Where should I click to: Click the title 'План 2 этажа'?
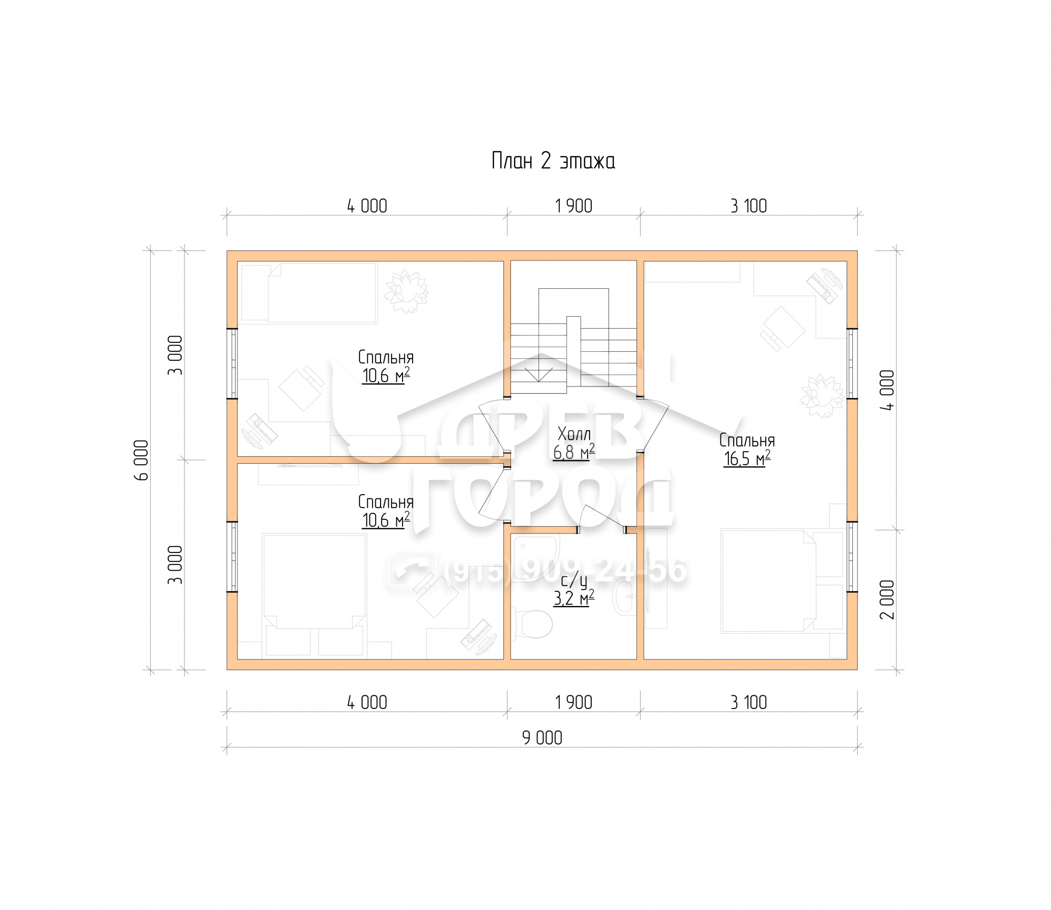(x=553, y=161)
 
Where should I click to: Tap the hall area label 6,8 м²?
(x=574, y=452)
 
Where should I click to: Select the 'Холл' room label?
(x=574, y=434)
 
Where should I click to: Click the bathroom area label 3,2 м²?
(x=574, y=597)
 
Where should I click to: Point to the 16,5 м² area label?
(x=747, y=458)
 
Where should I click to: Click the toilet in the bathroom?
(x=531, y=624)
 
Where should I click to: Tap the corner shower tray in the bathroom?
(x=535, y=558)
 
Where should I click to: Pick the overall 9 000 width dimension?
(x=542, y=738)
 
